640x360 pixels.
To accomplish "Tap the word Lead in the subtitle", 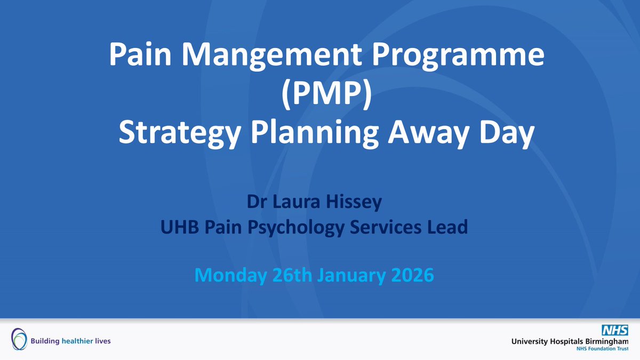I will click(x=447, y=228).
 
